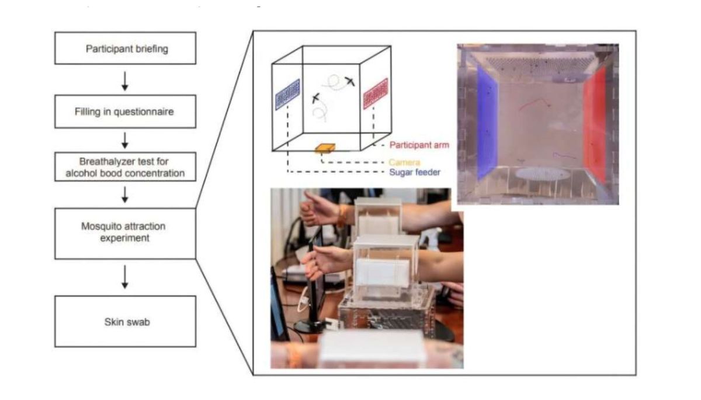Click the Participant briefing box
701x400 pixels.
[126, 48]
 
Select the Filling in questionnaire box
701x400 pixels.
[126, 112]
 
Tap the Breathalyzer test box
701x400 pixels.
[126, 167]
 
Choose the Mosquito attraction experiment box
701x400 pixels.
[126, 233]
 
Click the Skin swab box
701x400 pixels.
[126, 321]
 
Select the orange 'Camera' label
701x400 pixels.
[405, 161]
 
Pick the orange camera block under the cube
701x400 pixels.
[325, 149]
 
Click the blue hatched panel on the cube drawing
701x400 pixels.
[287, 95]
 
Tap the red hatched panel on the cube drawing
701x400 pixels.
[376, 93]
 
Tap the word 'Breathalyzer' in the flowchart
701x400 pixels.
[100, 162]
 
